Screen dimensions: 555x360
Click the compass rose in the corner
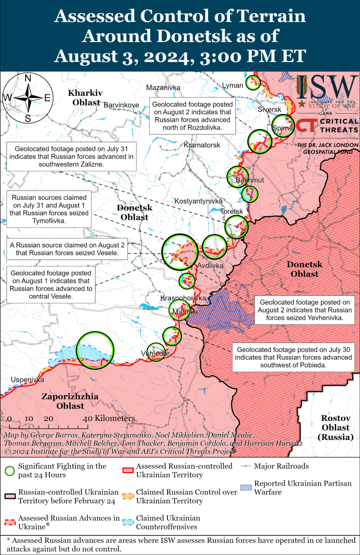coord(27,98)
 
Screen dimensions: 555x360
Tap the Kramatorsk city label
coord(202,144)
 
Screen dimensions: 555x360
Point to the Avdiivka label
coord(210,265)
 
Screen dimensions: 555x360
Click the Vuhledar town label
coord(155,354)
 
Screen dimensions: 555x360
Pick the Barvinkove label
coord(121,105)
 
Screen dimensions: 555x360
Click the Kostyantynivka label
coord(199,201)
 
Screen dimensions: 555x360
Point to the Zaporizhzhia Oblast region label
coord(70,401)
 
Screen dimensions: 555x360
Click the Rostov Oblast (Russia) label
coord(335,428)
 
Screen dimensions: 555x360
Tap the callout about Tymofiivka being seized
coord(50,209)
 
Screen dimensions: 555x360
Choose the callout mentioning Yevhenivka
coord(303,310)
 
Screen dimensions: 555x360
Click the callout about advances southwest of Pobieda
coord(294,357)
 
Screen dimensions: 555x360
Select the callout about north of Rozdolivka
coord(193,116)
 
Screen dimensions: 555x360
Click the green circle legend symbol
coord(10,470)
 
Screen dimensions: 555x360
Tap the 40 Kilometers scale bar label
coord(109,419)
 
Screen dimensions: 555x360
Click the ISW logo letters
coord(328,88)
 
